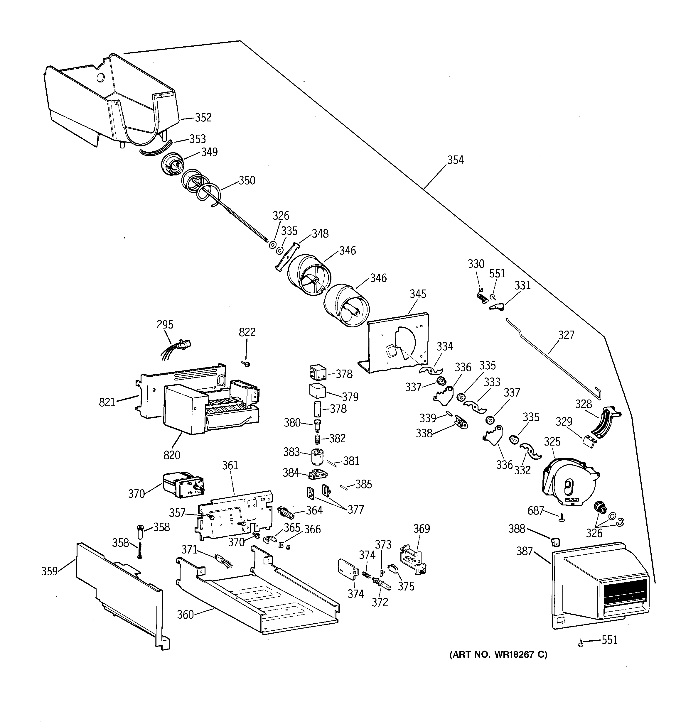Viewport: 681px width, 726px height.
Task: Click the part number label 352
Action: tap(203, 118)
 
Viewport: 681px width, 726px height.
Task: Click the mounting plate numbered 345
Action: tap(398, 343)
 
